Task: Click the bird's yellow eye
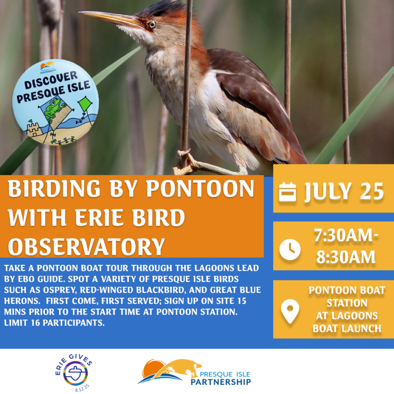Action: pyautogui.click(x=151, y=24)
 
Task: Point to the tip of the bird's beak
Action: pyautogui.click(x=79, y=12)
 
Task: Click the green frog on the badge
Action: pyautogui.click(x=53, y=108)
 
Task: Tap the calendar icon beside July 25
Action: pyautogui.click(x=288, y=192)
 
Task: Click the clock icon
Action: pyautogui.click(x=290, y=249)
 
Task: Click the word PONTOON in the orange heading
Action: pyautogui.click(x=200, y=189)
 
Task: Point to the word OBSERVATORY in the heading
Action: pyautogui.click(x=86, y=246)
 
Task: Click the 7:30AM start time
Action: pyautogui.click(x=346, y=236)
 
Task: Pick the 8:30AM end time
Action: pyautogui.click(x=346, y=257)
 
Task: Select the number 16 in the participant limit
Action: pyautogui.click(x=36, y=323)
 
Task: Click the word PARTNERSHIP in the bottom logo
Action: pyautogui.click(x=220, y=382)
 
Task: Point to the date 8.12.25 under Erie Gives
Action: pyautogui.click(x=82, y=388)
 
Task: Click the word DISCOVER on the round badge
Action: pyautogui.click(x=51, y=80)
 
